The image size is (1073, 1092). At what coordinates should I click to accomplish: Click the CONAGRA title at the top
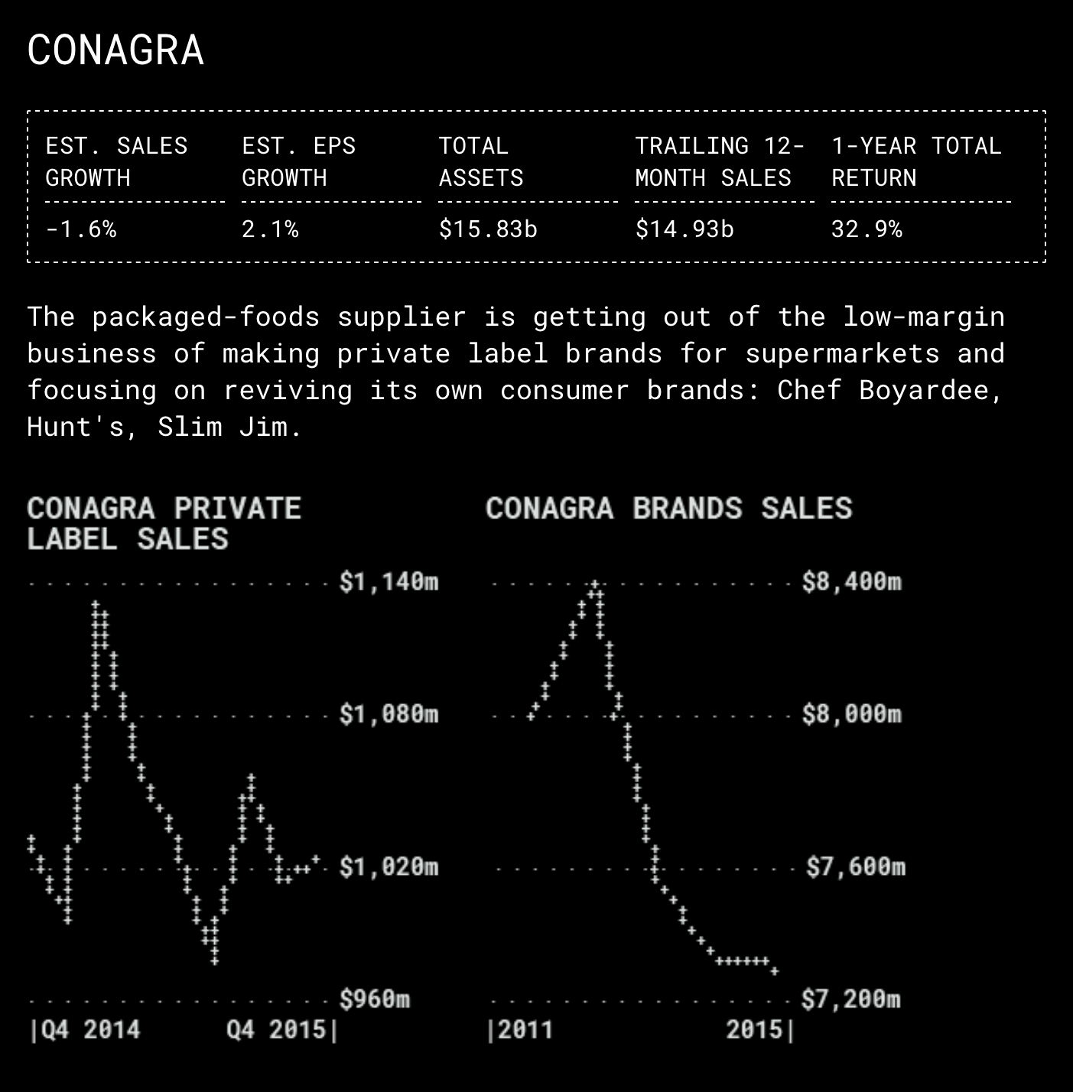click(x=115, y=50)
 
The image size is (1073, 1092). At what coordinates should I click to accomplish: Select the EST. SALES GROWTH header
click(x=116, y=161)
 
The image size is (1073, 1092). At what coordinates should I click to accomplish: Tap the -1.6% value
click(x=81, y=229)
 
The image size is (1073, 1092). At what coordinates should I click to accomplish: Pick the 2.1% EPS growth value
click(x=270, y=229)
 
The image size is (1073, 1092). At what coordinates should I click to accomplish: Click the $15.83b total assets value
click(x=488, y=229)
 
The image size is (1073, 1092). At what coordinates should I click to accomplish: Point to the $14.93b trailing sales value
click(x=684, y=229)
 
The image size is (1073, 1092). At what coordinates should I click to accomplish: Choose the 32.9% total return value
click(x=867, y=229)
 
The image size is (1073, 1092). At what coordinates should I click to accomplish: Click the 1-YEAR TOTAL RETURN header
click(x=916, y=161)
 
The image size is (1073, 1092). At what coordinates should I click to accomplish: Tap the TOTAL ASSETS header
click(x=481, y=161)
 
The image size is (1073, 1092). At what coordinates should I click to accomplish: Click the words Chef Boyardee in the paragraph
click(x=889, y=390)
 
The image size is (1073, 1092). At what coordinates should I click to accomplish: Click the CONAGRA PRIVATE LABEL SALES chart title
click(x=164, y=524)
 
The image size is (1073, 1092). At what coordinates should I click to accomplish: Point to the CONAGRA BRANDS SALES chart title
click(x=668, y=509)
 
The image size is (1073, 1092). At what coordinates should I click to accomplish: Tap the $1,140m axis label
click(x=389, y=583)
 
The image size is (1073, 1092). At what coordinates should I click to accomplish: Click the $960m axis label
click(x=375, y=999)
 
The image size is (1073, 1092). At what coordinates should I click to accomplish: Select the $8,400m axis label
click(x=852, y=583)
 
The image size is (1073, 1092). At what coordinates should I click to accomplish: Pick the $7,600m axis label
click(x=856, y=867)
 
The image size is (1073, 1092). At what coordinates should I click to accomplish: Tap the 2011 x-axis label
click(x=525, y=1029)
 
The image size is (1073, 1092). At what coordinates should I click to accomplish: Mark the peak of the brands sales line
click(x=595, y=585)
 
